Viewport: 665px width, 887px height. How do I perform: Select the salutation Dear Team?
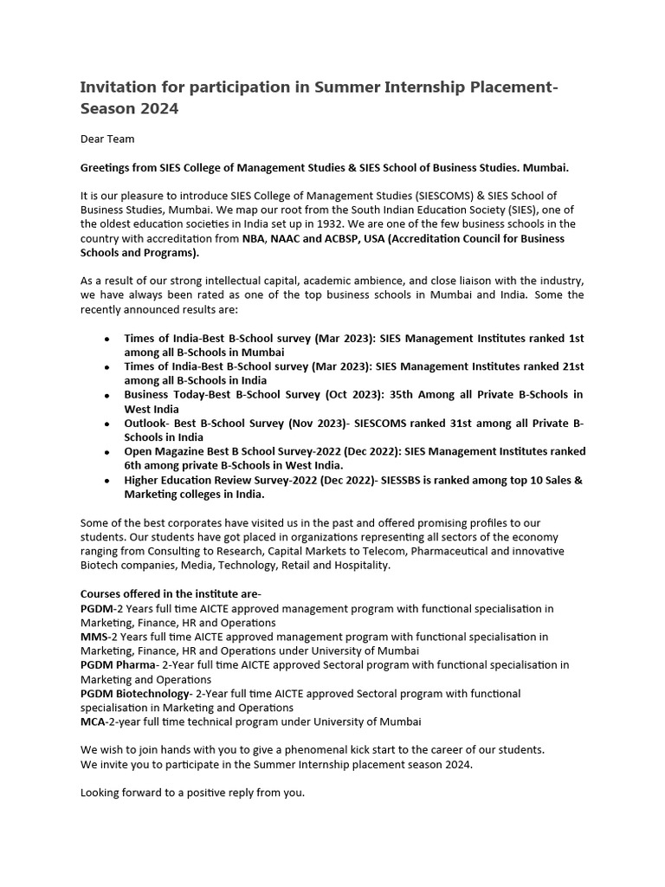point(107,139)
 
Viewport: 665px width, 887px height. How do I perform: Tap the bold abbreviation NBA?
point(254,238)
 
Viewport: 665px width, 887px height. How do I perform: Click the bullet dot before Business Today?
point(106,396)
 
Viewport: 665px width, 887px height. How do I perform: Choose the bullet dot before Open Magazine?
point(106,453)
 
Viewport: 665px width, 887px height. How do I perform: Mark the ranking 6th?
point(135,465)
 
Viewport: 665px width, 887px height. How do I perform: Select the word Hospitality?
point(360,565)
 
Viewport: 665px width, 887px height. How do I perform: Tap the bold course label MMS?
point(94,637)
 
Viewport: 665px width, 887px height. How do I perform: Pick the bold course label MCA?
point(94,722)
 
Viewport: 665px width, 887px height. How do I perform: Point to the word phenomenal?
point(315,749)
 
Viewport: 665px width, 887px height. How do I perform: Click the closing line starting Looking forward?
point(192,792)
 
